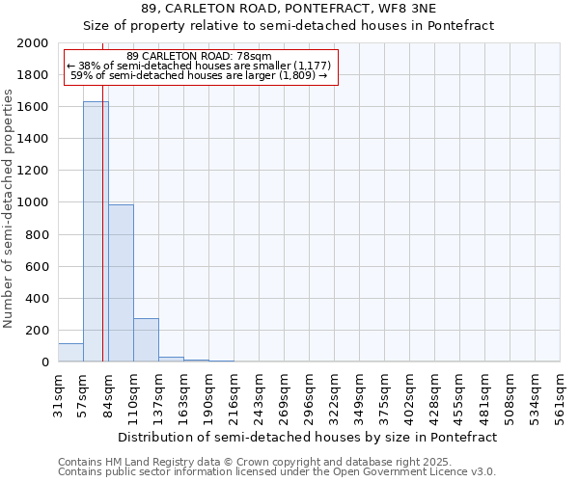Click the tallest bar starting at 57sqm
point(96,231)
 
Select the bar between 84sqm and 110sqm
point(121,283)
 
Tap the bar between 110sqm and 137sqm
point(146,339)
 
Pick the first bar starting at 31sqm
point(70,353)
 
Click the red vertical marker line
point(102,241)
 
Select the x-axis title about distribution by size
point(309,437)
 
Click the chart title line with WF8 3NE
point(289,9)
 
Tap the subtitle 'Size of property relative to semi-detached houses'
point(289,26)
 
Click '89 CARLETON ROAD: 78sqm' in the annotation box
point(199,56)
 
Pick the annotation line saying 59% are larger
point(199,75)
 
